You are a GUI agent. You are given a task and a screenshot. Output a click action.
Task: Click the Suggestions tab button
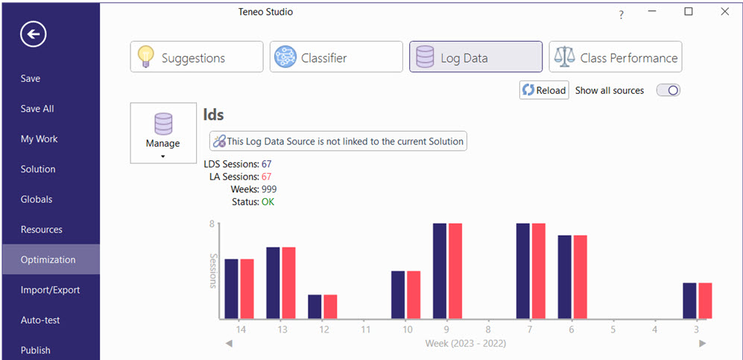pyautogui.click(x=197, y=57)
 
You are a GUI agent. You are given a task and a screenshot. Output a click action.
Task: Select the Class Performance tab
pyautogui.click(x=616, y=57)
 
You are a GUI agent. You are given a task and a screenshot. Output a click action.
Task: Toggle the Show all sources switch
pyautogui.click(x=668, y=90)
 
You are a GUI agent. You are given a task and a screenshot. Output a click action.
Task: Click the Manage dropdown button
pyautogui.click(x=162, y=133)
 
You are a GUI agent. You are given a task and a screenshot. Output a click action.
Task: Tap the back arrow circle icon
pyautogui.click(x=34, y=34)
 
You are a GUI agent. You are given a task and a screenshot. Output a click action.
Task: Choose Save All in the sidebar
pyautogui.click(x=37, y=109)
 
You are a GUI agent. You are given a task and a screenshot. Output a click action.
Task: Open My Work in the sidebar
pyautogui.click(x=39, y=139)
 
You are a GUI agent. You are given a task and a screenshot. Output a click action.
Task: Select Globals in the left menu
pyautogui.click(x=37, y=199)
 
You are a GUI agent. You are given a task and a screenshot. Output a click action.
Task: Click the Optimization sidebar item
pyautogui.click(x=48, y=259)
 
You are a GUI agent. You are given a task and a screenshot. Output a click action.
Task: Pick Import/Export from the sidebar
pyautogui.click(x=50, y=290)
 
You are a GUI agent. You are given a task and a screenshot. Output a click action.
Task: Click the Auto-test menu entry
pyautogui.click(x=40, y=320)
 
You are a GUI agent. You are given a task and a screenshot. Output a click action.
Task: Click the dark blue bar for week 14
pyautogui.click(x=232, y=289)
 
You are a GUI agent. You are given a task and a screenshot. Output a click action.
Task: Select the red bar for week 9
pyautogui.click(x=455, y=271)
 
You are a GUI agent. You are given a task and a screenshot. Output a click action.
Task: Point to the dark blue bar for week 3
pyautogui.click(x=690, y=301)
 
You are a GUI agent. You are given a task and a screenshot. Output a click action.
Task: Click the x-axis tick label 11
pyautogui.click(x=366, y=329)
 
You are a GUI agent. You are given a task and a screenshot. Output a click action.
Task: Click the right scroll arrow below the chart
pyautogui.click(x=702, y=344)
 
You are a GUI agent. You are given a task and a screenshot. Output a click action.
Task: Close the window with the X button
pyautogui.click(x=724, y=12)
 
